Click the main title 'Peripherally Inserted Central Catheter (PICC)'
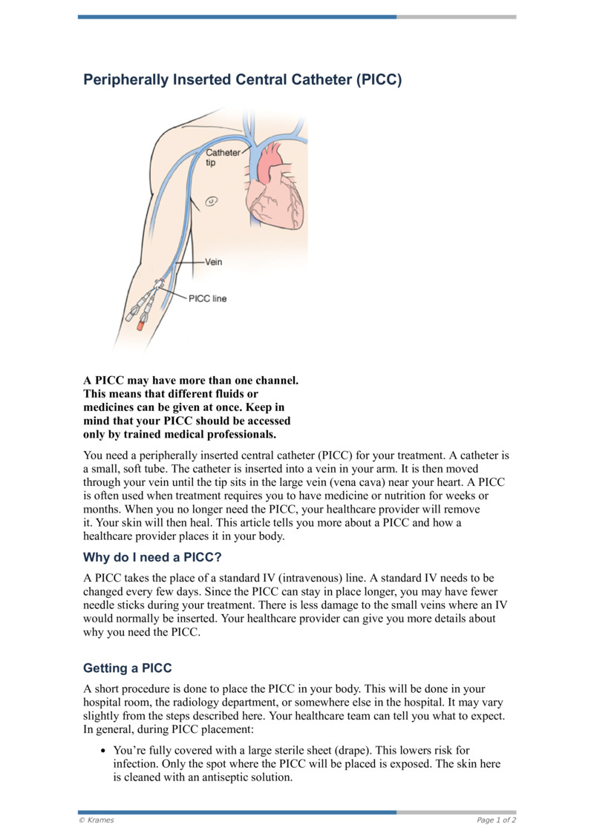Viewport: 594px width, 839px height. (242, 79)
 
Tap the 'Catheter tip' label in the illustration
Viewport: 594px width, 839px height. (223, 157)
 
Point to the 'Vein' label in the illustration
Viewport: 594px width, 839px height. (213, 262)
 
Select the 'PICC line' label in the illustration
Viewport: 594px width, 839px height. (209, 299)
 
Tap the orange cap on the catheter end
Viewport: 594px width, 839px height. (140, 324)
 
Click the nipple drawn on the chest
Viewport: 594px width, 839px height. (211, 200)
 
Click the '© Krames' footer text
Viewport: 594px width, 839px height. (97, 820)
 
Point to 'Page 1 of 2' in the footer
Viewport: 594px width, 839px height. (496, 820)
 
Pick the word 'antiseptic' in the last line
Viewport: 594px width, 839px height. (218, 779)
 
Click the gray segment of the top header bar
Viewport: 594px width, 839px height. (456, 16)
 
